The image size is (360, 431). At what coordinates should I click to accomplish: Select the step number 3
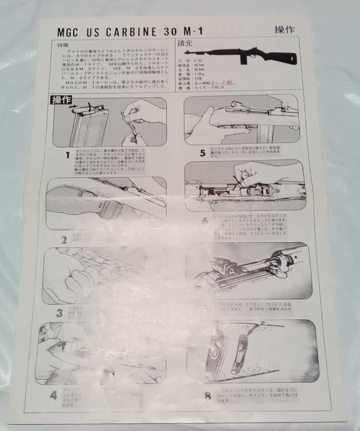click(59, 313)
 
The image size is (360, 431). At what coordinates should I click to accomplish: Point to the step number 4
click(53, 396)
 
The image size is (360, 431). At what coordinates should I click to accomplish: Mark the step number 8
click(207, 396)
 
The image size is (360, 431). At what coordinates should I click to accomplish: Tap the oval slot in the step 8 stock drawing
click(243, 353)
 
